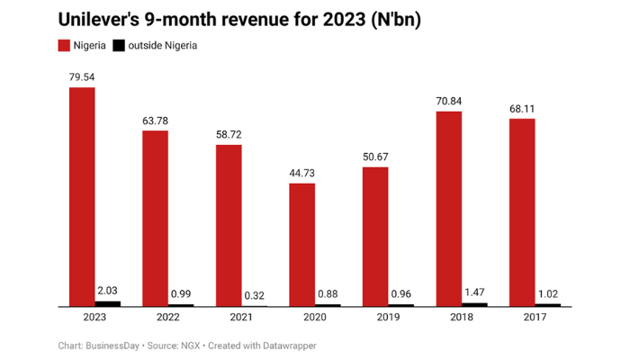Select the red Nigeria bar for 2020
pos(301,245)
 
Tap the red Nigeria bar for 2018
pos(448,209)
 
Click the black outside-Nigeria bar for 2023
pos(108,303)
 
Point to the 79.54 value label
pos(82,77)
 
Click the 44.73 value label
pos(301,175)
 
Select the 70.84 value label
pos(448,102)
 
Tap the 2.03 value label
pos(108,291)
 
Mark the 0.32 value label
pos(255,295)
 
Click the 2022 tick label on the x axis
pos(168,318)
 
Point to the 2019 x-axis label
pos(388,318)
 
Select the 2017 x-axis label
pos(535,318)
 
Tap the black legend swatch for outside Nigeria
pos(118,45)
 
